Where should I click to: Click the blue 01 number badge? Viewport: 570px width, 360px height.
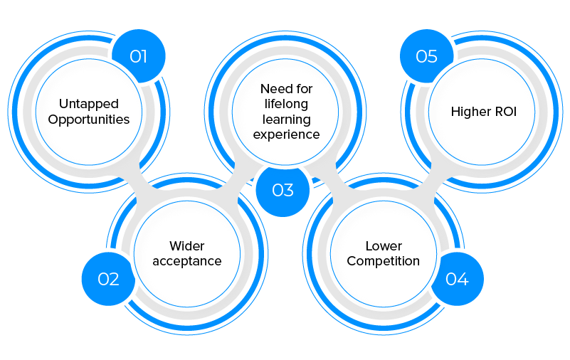tap(139, 55)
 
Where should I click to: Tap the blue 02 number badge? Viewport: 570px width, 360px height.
tap(108, 279)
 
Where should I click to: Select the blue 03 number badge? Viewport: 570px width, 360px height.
tap(283, 190)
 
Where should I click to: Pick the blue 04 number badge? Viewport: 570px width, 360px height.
tap(457, 279)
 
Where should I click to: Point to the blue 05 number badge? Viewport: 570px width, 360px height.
tap(426, 55)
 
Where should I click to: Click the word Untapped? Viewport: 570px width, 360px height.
tap(88, 104)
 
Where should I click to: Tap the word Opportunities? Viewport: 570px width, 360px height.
tap(88, 119)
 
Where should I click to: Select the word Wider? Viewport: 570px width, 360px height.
tap(187, 245)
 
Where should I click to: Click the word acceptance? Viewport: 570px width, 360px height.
tap(187, 261)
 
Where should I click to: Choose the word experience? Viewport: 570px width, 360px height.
tap(286, 134)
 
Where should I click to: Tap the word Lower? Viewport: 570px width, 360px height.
tap(384, 245)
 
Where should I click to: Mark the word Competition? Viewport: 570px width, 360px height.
tap(384, 261)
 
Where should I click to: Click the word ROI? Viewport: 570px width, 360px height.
tap(502, 112)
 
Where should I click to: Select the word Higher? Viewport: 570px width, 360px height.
tap(469, 112)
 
